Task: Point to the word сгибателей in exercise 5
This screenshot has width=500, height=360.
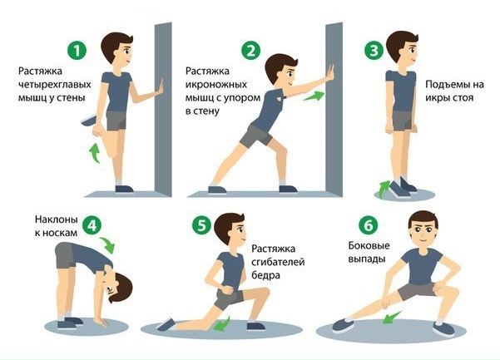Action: pyautogui.click(x=279, y=263)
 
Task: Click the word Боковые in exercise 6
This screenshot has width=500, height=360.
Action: pyautogui.click(x=371, y=246)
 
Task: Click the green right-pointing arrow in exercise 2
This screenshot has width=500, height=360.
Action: pyautogui.click(x=313, y=96)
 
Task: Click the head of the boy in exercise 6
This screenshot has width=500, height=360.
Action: pyautogui.click(x=424, y=228)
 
